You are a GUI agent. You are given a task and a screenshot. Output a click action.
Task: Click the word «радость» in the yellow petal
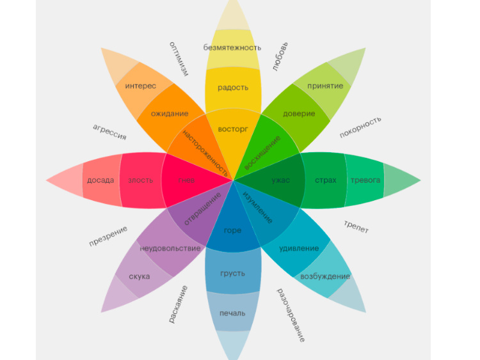point(233,88)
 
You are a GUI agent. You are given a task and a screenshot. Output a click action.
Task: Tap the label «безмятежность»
point(232,47)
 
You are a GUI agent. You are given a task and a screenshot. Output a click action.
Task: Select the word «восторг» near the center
point(233,129)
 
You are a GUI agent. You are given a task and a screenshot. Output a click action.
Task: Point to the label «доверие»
point(299,114)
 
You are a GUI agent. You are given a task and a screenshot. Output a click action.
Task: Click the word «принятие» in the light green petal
point(325,86)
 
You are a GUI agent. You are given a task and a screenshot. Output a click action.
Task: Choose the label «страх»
point(326,180)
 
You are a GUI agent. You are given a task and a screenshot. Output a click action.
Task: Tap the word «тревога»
point(365,180)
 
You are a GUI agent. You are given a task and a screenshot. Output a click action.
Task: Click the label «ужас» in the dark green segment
point(280,180)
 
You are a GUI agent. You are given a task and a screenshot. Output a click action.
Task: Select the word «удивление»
point(299,248)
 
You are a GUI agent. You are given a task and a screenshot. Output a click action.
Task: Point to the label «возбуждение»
point(325,276)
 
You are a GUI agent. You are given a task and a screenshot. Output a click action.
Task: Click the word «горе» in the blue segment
point(233,230)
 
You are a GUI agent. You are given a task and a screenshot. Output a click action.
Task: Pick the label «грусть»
point(233,273)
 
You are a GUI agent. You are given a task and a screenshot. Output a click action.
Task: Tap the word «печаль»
point(233,313)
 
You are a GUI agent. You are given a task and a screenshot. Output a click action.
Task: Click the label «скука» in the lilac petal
point(140,276)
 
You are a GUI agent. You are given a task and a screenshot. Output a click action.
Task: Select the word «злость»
point(141,180)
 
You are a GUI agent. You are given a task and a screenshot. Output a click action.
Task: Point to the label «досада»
point(101,180)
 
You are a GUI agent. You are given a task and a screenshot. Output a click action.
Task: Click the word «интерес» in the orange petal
point(141,86)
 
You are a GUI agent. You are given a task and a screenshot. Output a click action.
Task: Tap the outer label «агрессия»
point(109,132)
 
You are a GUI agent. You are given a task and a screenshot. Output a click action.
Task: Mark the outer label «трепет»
point(356,226)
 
